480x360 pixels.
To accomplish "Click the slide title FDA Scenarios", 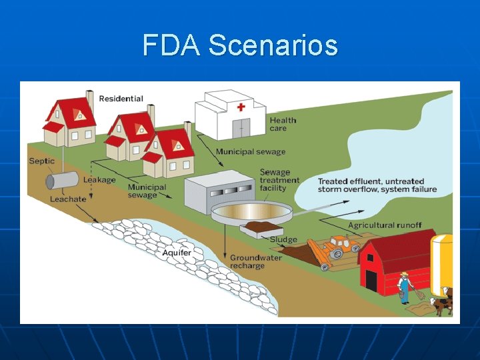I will (240, 46).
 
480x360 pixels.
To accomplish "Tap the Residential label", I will (121, 99).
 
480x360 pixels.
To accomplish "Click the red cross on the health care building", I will (241, 107).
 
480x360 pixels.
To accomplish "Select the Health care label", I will (283, 125).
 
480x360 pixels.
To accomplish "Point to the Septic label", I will (42, 161).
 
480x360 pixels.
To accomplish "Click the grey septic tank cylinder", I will (62, 180).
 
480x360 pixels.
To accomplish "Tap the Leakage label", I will (99, 179).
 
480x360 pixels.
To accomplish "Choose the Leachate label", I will (68, 199).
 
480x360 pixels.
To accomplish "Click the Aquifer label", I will (177, 253).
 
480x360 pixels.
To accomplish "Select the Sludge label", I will (283, 239).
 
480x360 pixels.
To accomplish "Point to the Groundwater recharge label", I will (256, 261).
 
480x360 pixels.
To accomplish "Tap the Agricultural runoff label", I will (389, 225).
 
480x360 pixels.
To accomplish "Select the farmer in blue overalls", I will (404, 288).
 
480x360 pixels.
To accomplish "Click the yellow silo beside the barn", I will (442, 263).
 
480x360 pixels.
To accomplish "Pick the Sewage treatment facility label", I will (279, 180).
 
